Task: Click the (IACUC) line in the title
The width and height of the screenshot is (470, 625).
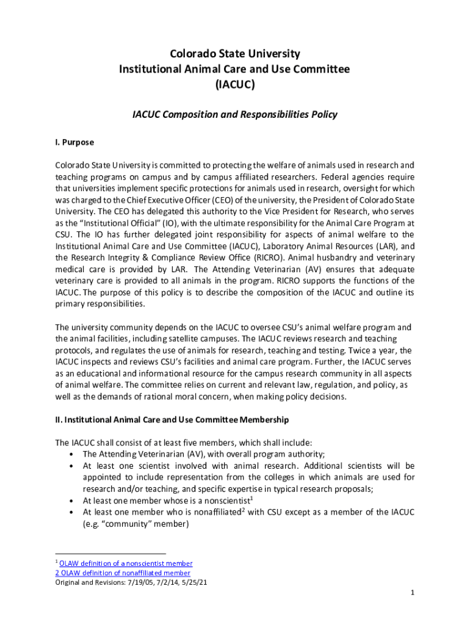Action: pos(234,85)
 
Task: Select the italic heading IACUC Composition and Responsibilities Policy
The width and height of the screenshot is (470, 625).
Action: pos(235,114)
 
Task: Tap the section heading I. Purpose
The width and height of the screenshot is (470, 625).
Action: pos(74,142)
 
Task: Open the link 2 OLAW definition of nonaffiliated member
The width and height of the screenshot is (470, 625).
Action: pos(123,573)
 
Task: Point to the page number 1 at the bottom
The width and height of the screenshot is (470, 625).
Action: pos(413,593)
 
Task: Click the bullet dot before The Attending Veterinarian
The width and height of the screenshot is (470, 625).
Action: pos(73,454)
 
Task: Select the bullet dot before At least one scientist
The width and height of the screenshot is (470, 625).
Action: pos(73,466)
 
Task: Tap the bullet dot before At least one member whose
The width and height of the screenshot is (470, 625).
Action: pos(73,500)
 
